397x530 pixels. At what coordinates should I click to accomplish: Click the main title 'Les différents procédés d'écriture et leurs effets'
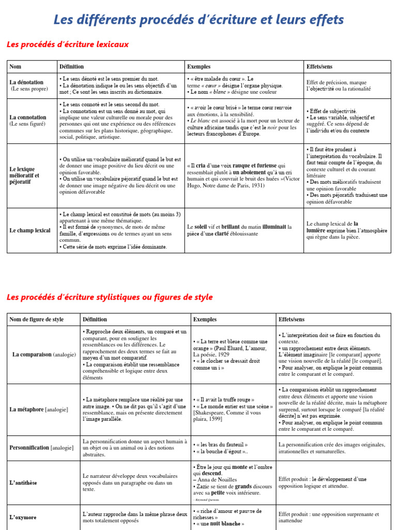(198, 20)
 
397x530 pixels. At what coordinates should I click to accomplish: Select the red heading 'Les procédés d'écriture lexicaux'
(68, 45)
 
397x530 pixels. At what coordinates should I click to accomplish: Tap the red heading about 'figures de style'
(109, 297)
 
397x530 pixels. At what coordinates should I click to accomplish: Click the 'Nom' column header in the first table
(16, 67)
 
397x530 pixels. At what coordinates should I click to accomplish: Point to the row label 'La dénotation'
(27, 82)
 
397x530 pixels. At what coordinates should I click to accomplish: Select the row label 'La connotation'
(28, 117)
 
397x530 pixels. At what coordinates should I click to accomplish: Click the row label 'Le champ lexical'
(30, 230)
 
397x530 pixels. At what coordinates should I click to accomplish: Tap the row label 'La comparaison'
(32, 355)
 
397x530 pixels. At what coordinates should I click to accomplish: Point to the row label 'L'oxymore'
(23, 517)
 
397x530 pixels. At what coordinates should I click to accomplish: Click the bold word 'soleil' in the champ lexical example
(197, 227)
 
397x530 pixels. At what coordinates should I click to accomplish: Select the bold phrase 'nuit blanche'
(224, 523)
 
